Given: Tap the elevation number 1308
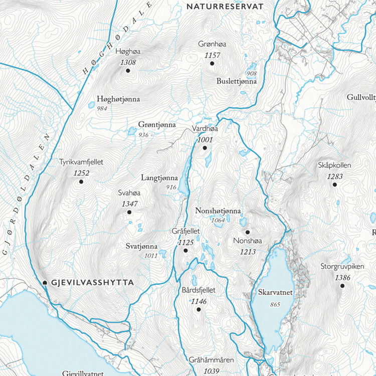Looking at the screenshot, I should [x=128, y=62].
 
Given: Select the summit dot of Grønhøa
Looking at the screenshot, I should [x=212, y=63].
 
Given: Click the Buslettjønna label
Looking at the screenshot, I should [x=237, y=81].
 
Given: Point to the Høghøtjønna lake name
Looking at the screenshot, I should [x=118, y=99].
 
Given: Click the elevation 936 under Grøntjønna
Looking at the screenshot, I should [x=143, y=135].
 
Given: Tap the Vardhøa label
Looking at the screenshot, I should [x=205, y=129].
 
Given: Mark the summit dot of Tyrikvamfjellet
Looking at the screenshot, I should [x=81, y=181].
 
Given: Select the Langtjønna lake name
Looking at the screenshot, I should [x=159, y=177].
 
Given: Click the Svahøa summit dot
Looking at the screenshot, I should [x=129, y=213].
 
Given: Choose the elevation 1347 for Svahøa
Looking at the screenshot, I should [x=129, y=204].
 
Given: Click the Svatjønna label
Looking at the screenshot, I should [x=142, y=247].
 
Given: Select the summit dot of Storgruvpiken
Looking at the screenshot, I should [x=342, y=286].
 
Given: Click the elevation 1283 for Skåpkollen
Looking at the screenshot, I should [x=334, y=176].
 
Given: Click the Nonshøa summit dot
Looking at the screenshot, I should [x=247, y=232].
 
